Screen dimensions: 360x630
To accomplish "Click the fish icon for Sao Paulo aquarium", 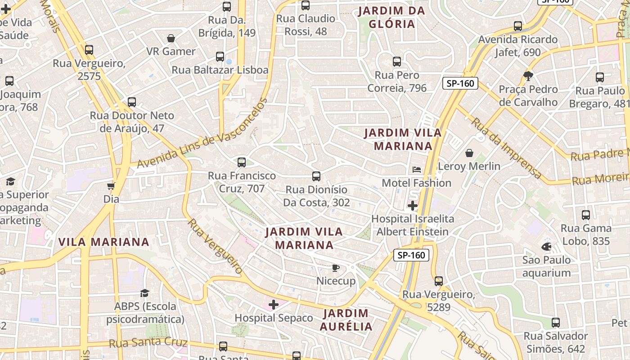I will tap(546, 247).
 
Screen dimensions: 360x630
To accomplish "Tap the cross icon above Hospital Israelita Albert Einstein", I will tap(412, 206).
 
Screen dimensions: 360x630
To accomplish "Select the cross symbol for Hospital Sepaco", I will tap(274, 305).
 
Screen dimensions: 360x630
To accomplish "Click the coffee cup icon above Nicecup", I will tap(335, 268).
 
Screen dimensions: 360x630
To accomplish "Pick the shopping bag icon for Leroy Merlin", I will tap(469, 153).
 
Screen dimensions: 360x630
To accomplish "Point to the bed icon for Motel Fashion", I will tap(417, 170).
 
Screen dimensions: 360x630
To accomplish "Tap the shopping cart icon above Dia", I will tap(111, 186).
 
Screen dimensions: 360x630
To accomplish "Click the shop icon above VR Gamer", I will tap(171, 38).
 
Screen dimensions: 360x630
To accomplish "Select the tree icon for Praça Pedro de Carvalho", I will tap(528, 76).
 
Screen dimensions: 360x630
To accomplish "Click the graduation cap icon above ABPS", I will tap(144, 293).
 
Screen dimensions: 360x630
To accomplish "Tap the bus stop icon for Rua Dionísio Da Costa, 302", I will tap(316, 176).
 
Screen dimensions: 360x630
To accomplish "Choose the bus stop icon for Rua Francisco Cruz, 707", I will tap(242, 162).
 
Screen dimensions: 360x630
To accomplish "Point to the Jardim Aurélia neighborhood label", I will tap(346, 319).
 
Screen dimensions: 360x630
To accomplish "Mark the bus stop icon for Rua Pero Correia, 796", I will tap(397, 62).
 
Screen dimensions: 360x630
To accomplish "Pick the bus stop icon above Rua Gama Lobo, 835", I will tap(586, 215).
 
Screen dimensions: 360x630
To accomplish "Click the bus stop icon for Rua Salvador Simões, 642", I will tap(556, 323).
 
